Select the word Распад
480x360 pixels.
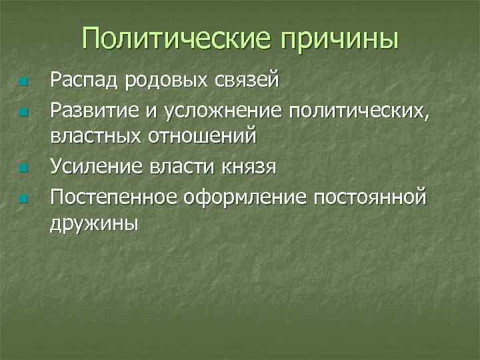click(x=84, y=81)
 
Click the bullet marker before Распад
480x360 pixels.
click(x=23, y=83)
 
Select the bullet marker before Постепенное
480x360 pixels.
click(x=23, y=199)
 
